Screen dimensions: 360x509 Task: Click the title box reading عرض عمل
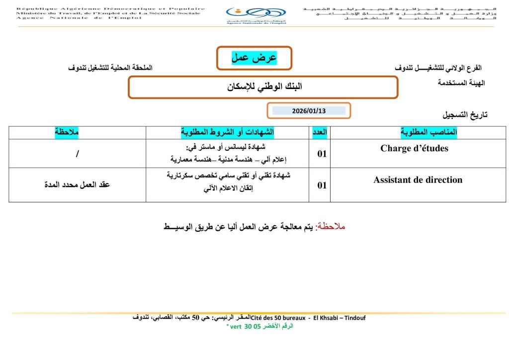coord(254,58)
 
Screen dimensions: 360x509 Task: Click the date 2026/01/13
coord(309,110)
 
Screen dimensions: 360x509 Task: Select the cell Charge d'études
coord(414,148)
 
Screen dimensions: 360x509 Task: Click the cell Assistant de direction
coord(418,180)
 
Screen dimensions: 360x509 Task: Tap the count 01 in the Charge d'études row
coord(322,154)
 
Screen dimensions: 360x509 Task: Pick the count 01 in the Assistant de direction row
coord(322,185)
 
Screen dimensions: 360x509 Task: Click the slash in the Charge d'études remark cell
coord(77,154)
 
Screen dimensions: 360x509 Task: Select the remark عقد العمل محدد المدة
coord(77,184)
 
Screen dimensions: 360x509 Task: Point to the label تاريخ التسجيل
coord(465,115)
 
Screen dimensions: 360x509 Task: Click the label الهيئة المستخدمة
coord(461,83)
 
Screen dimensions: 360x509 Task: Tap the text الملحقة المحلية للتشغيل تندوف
coord(110,68)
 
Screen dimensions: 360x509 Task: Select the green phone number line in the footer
coord(259,326)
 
